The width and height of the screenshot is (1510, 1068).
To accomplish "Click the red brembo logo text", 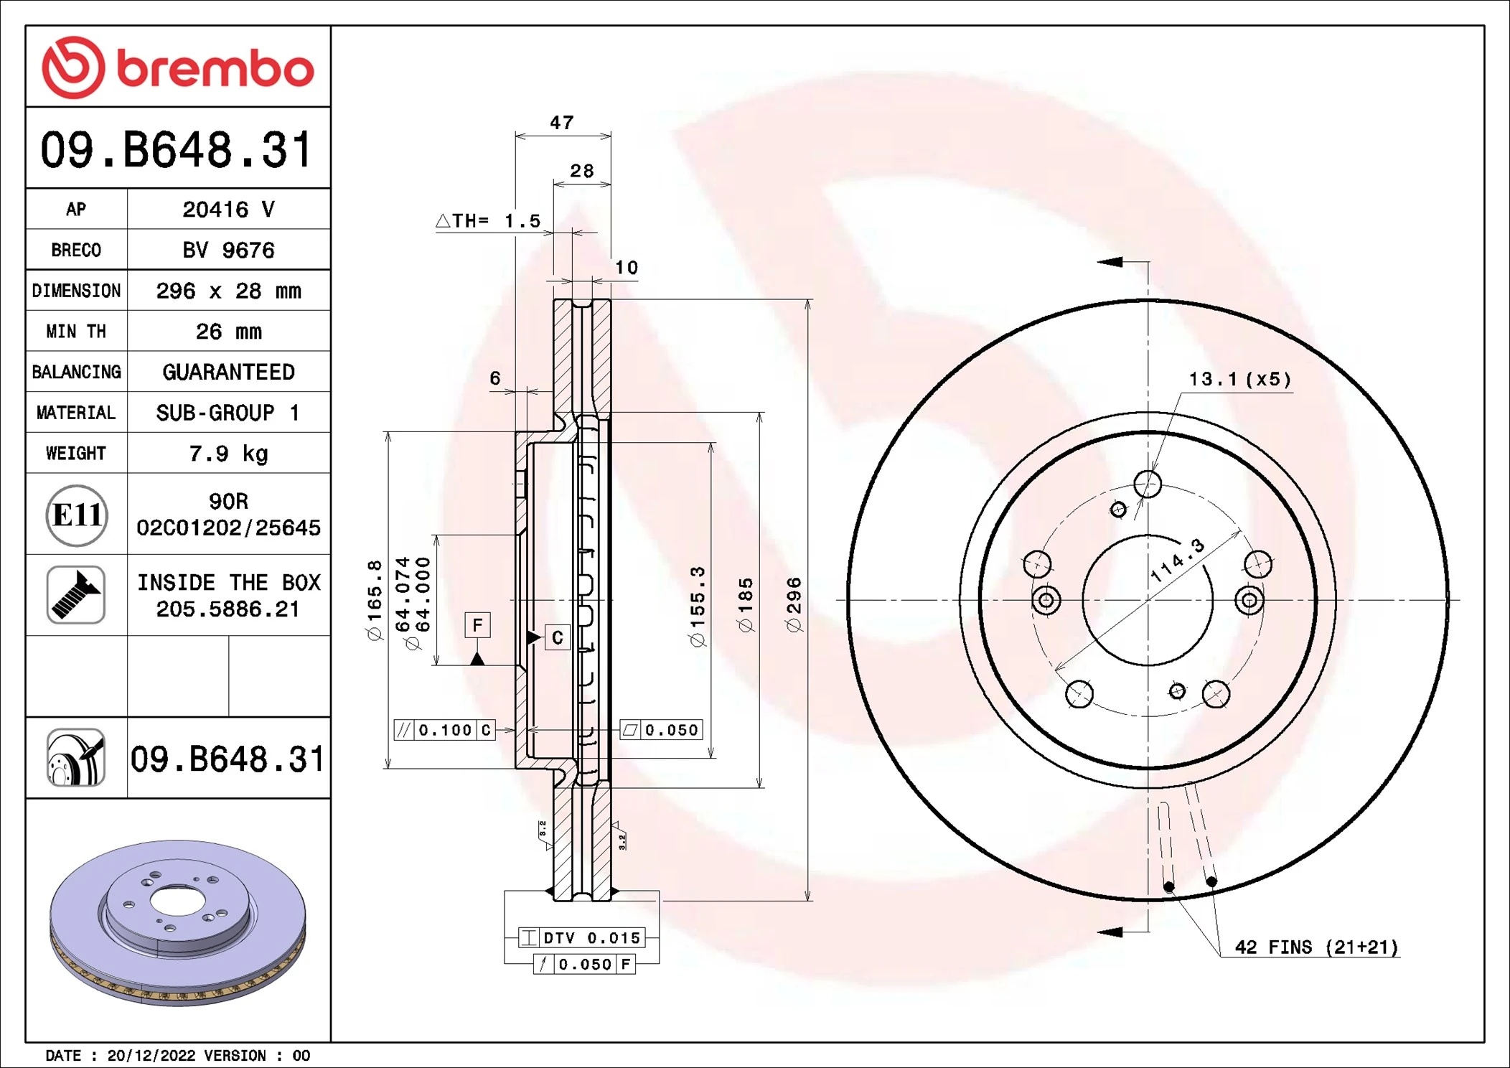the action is (x=215, y=70).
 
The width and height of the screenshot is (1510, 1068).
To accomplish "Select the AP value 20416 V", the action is (x=228, y=210).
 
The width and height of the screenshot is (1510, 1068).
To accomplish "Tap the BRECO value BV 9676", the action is (x=228, y=250).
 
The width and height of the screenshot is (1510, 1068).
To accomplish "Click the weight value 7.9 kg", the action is (x=228, y=454).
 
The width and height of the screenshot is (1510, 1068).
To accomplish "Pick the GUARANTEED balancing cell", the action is (x=228, y=372).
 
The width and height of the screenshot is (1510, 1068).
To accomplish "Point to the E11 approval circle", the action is (x=77, y=515).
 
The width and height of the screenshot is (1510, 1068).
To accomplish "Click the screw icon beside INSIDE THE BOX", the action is (x=76, y=595).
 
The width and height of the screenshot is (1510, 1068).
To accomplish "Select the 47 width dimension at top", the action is (x=562, y=123).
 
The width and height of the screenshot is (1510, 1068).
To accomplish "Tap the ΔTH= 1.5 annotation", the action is (x=488, y=221).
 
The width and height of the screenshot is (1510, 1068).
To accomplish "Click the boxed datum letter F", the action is (x=477, y=625).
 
